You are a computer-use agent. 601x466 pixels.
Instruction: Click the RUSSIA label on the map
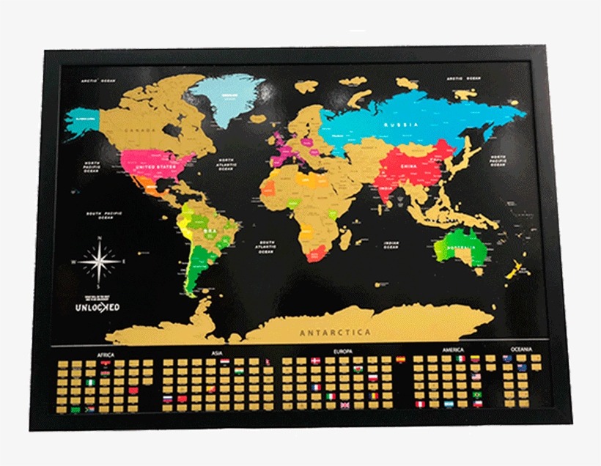(x=401, y=125)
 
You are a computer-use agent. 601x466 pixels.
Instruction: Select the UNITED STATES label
(x=157, y=167)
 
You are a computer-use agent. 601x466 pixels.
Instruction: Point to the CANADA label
(x=140, y=130)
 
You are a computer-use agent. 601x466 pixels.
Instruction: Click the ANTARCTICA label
(x=336, y=333)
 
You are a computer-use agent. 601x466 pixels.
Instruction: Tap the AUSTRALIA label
(x=462, y=248)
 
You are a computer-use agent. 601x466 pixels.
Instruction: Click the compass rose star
(x=98, y=260)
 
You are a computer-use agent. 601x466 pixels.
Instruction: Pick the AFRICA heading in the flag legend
(x=105, y=355)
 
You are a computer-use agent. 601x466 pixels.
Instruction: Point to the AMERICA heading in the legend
(x=452, y=350)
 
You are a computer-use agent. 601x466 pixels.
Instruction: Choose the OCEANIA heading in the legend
(x=521, y=349)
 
